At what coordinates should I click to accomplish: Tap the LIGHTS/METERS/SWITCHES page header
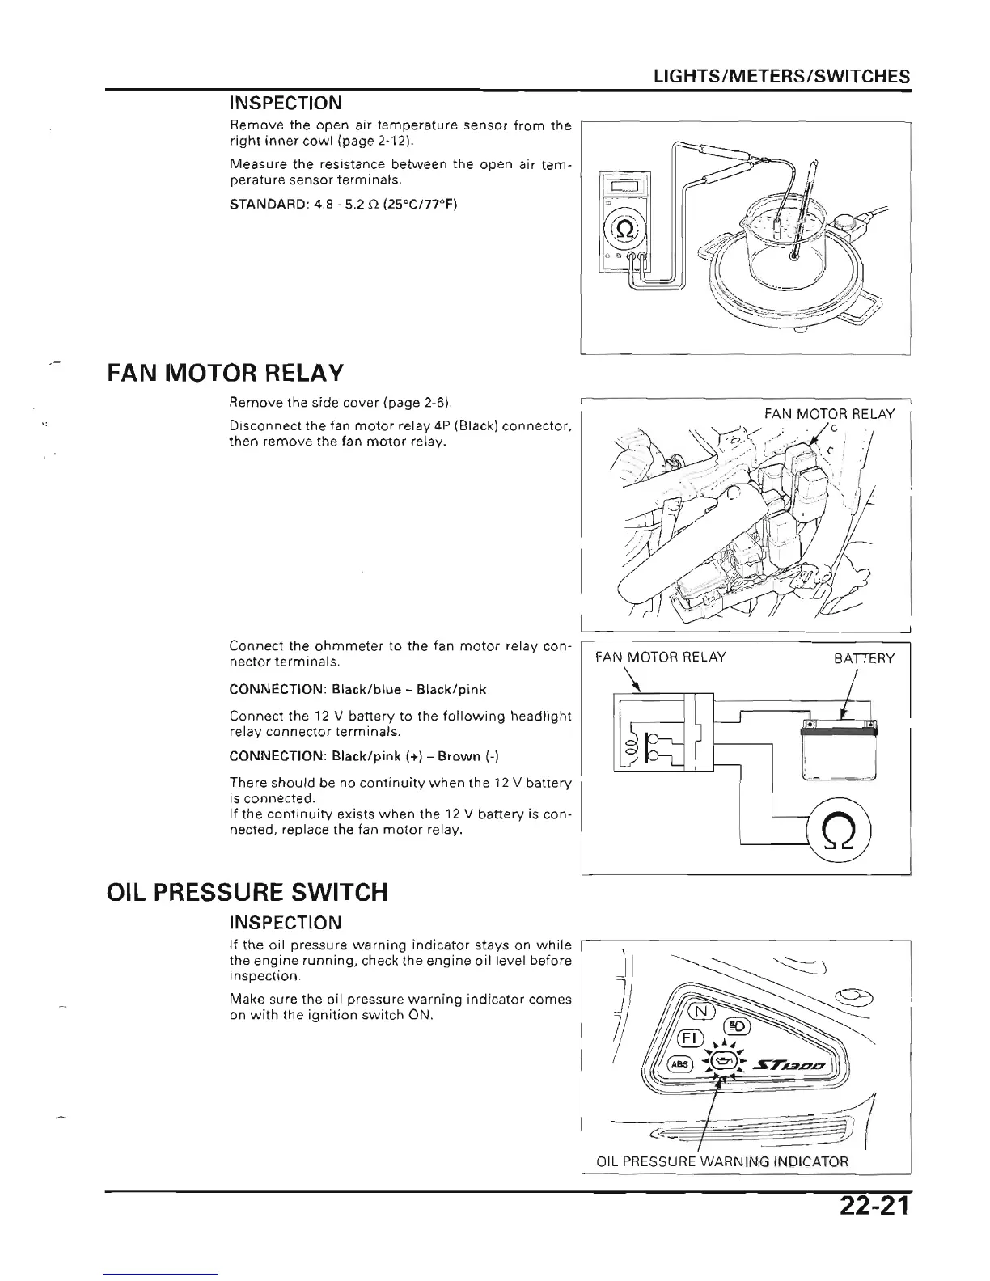[782, 76]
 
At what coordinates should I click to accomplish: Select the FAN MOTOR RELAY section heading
[225, 374]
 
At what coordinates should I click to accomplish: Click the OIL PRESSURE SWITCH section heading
[247, 892]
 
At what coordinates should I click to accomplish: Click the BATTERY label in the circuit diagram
[864, 658]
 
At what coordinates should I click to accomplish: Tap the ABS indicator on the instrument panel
[677, 1064]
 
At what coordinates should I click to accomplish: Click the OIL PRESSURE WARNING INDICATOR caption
[721, 1162]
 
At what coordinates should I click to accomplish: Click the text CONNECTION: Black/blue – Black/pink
[357, 689]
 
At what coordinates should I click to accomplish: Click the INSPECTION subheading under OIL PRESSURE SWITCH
[285, 922]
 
